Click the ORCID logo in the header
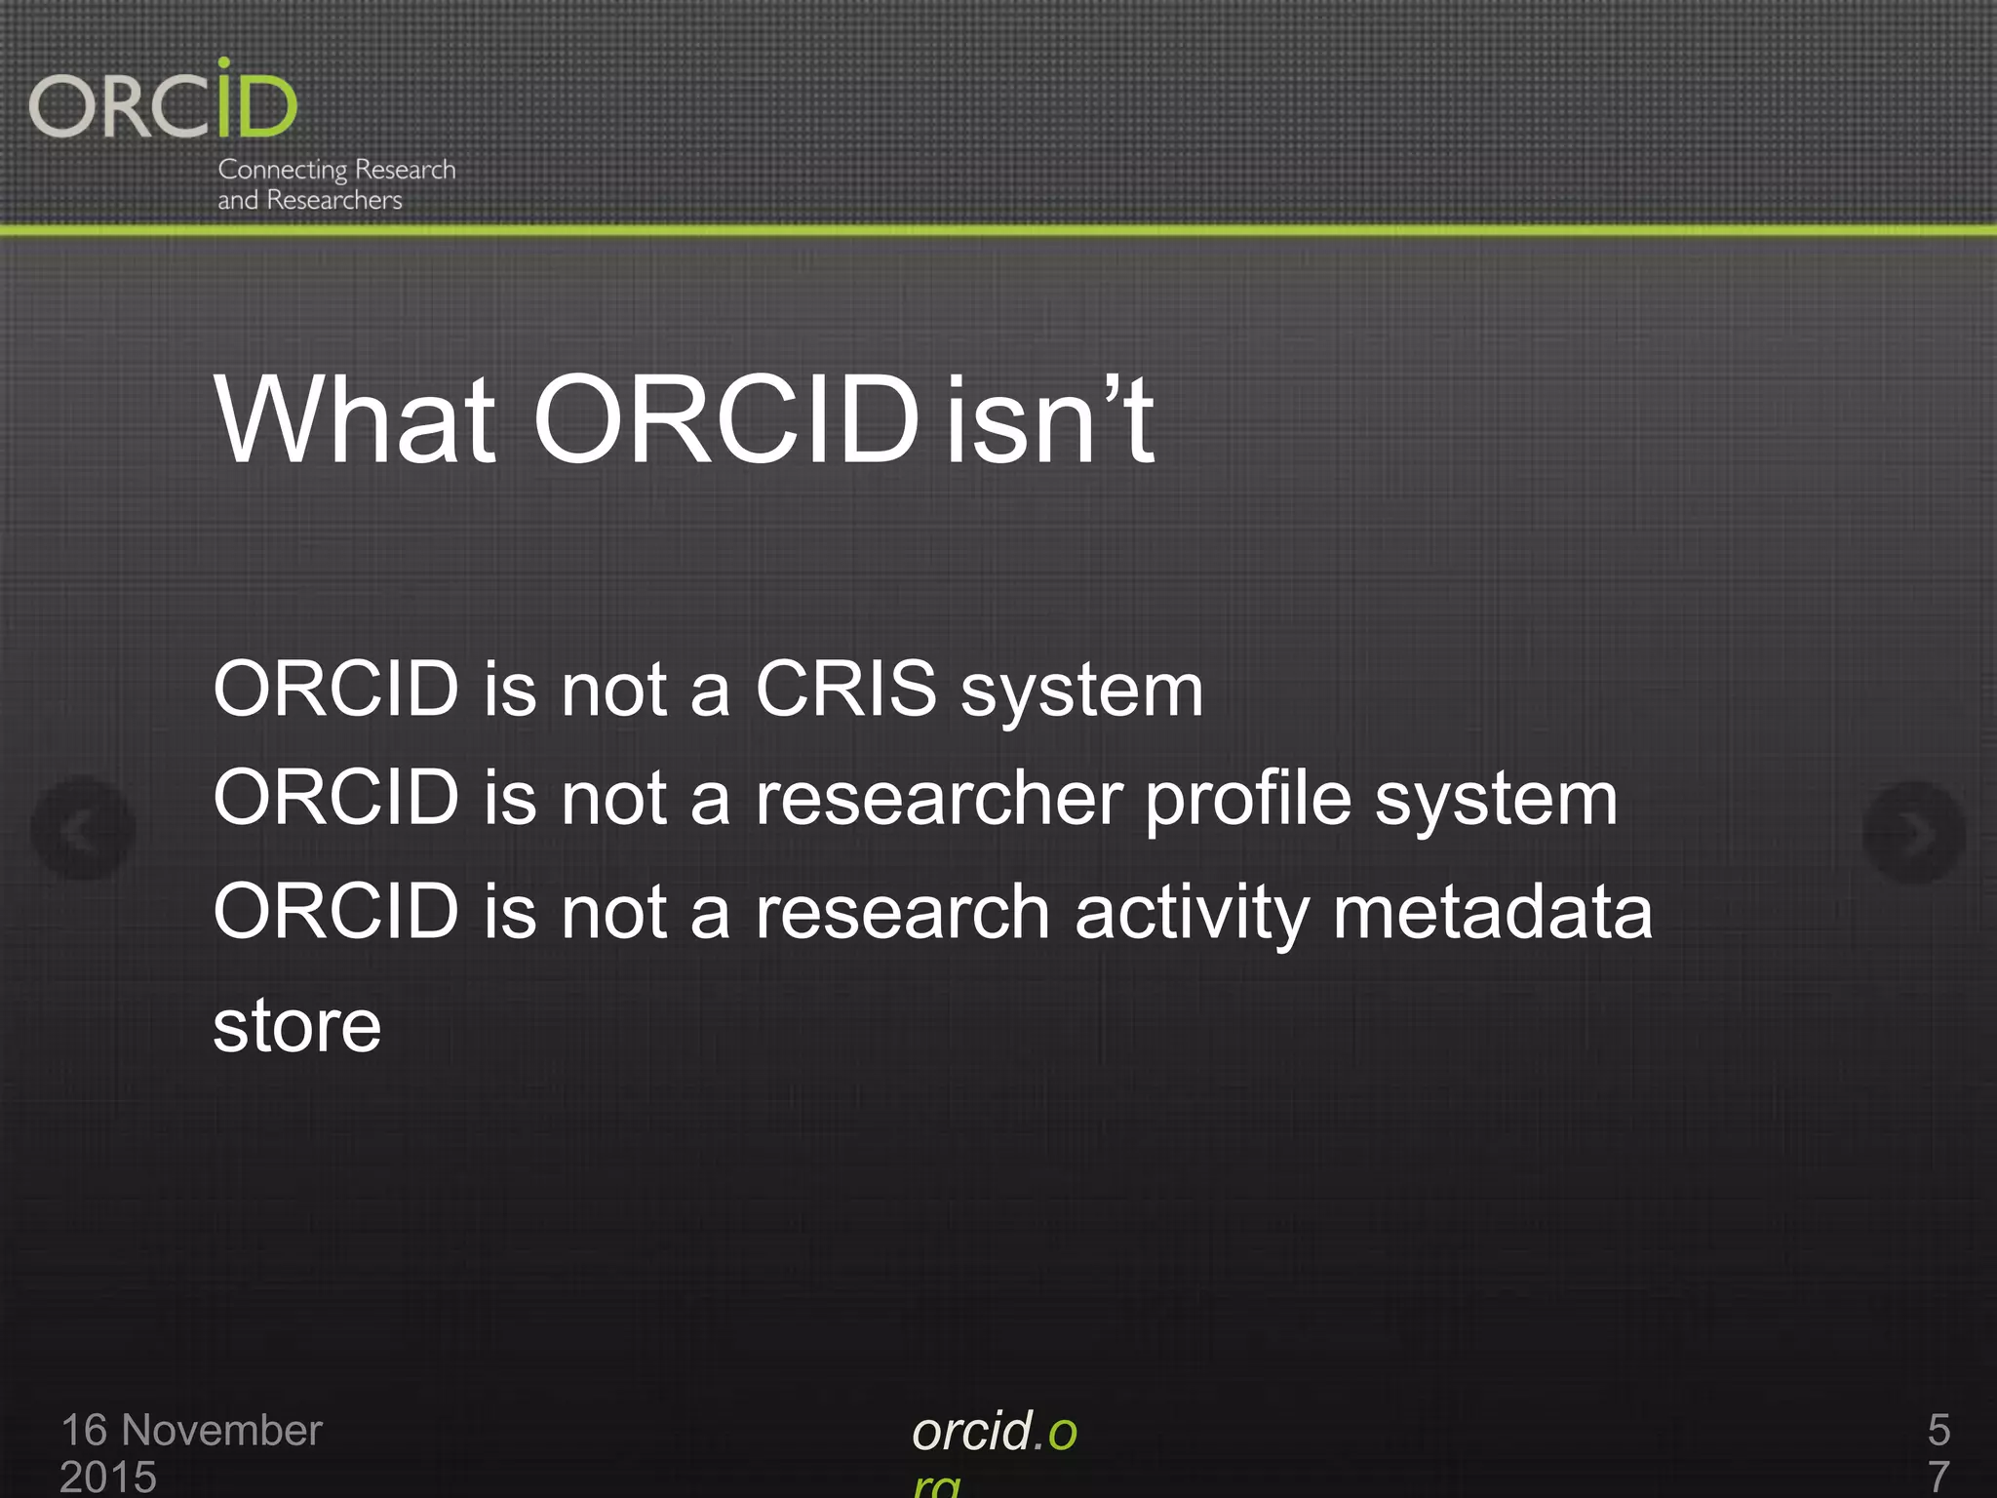point(163,101)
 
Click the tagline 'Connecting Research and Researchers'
point(335,184)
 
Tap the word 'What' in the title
point(355,420)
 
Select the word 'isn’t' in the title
point(1050,420)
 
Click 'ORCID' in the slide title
point(725,420)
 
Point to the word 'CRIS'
point(845,689)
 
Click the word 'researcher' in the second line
point(939,799)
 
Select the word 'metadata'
point(1492,912)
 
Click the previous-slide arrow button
point(83,829)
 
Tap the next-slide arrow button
point(1913,832)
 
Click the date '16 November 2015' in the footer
point(190,1451)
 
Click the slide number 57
point(1938,1451)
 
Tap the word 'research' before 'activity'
point(902,912)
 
